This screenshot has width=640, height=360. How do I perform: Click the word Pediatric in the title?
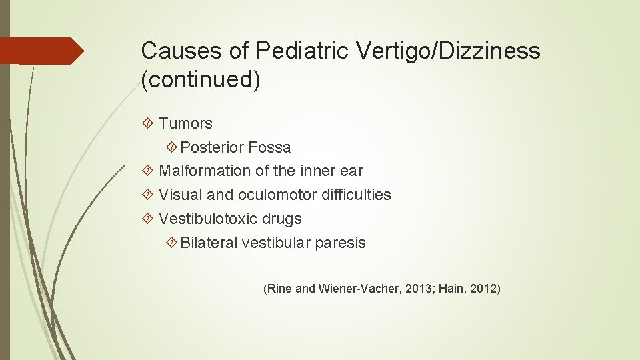293,51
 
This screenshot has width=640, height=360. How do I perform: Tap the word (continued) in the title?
201,80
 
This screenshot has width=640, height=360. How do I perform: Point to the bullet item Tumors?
185,123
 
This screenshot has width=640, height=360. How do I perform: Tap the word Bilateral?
209,243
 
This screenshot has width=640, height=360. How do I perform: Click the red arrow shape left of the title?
41,51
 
